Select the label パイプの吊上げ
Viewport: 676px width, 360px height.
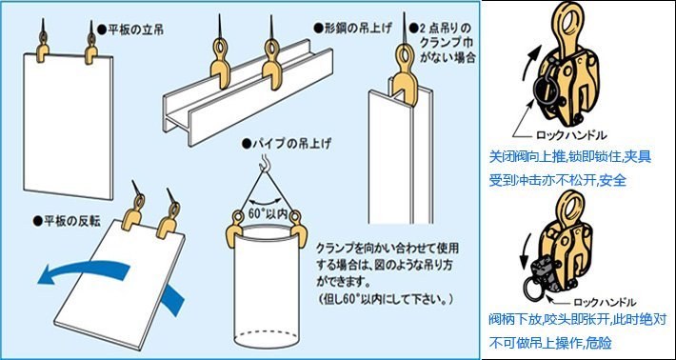[289, 143]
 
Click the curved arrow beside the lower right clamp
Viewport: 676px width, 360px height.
[526, 255]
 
